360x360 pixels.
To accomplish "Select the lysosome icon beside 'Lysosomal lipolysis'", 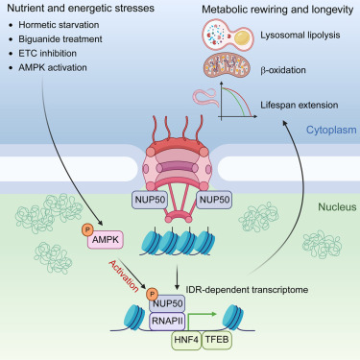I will tap(228, 36).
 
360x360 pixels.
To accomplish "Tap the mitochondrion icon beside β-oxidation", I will tap(228, 68).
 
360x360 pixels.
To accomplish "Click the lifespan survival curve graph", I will tap(258, 101).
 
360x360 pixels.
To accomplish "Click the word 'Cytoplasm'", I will tap(326, 130).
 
